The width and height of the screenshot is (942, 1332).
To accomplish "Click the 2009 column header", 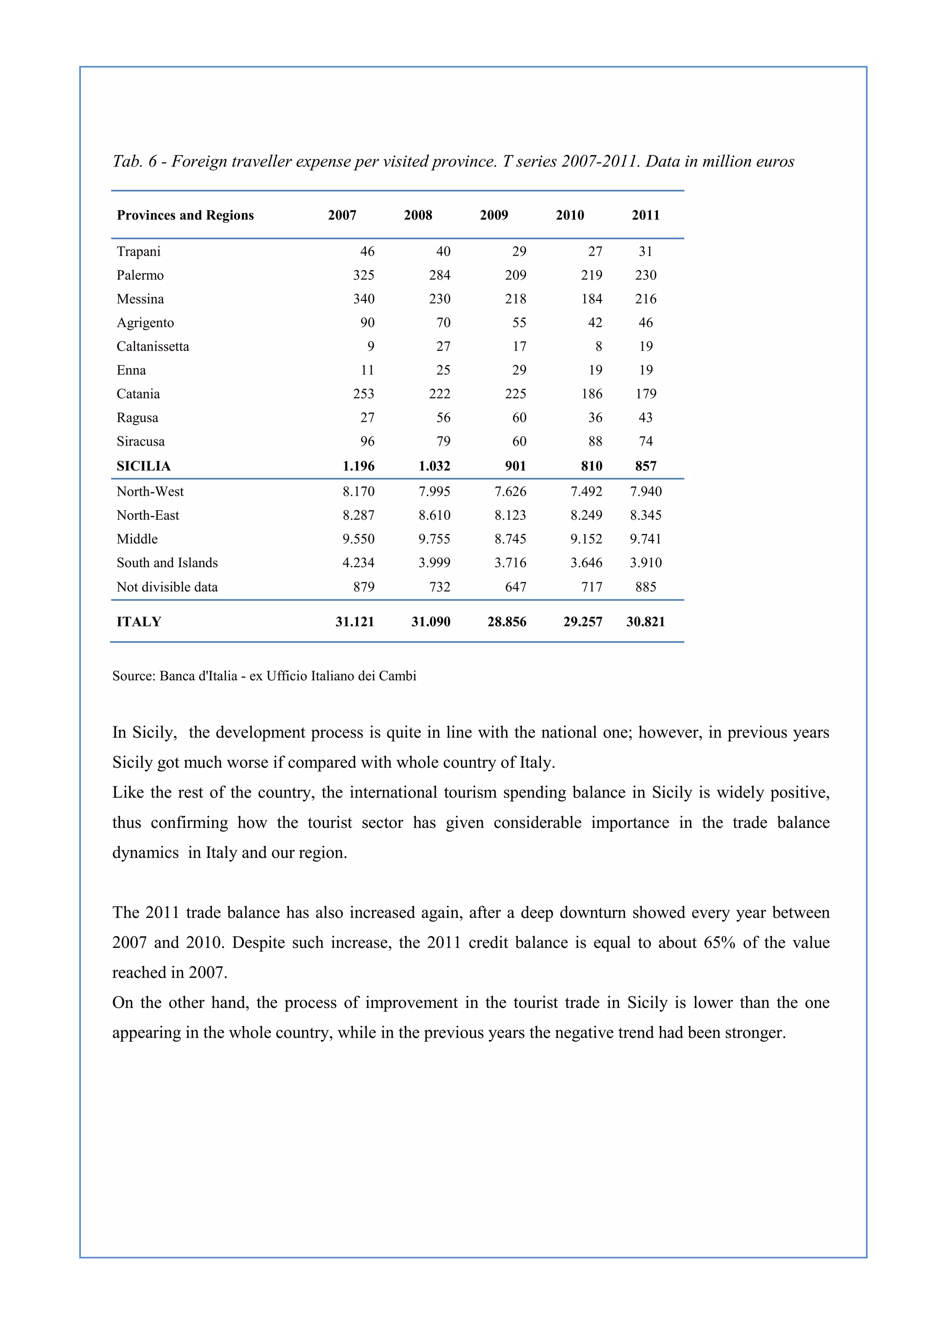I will tap(494, 215).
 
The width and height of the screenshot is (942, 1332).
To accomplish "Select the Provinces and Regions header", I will tap(185, 215).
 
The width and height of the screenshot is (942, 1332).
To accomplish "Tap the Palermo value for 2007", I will tap(364, 275).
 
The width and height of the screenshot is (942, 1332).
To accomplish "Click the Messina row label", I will tap(140, 299).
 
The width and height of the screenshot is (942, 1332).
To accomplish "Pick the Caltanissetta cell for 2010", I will tap(598, 346).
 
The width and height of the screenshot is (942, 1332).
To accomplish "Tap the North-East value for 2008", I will tap(435, 515).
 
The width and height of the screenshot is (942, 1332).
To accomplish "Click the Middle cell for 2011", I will tap(646, 539).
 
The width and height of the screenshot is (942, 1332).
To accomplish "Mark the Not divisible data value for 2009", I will tap(516, 587).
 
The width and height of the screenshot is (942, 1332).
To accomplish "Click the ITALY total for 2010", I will tap(582, 622).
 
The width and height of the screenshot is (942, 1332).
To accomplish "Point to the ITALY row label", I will tap(138, 622).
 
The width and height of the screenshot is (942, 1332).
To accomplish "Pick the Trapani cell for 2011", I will tap(646, 251).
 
